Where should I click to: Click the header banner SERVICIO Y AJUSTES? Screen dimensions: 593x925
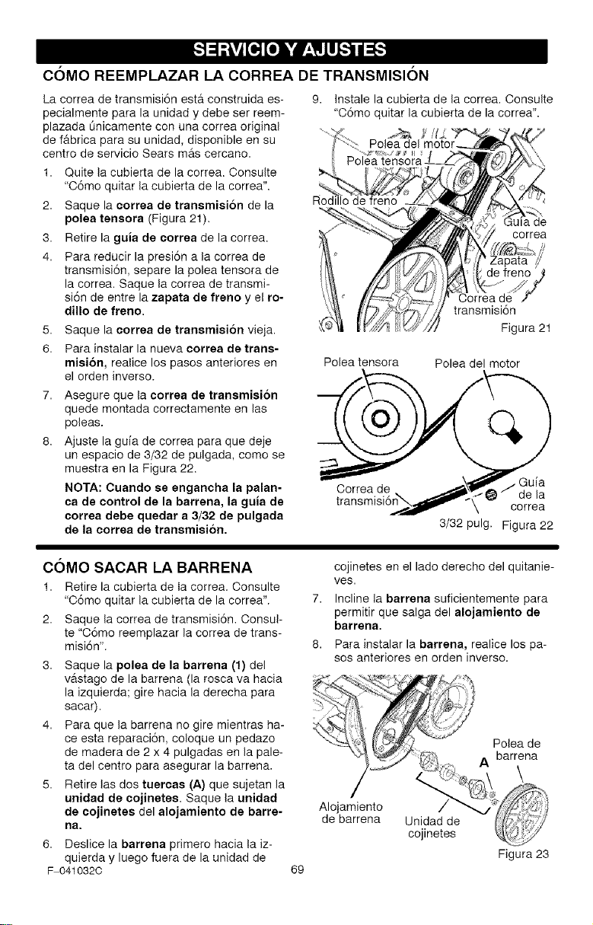coord(292,50)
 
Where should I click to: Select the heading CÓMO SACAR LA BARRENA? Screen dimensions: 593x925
coord(147,567)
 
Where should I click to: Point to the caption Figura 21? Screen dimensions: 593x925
coord(525,328)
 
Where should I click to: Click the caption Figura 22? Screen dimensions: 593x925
coord(527,525)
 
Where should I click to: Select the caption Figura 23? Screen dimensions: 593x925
coord(523,853)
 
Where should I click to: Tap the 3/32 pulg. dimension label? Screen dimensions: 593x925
coord(466,524)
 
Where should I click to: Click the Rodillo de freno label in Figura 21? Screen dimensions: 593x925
coord(355,201)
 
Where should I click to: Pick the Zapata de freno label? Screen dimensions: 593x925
coord(509,266)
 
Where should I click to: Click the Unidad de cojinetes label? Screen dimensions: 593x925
coord(432,827)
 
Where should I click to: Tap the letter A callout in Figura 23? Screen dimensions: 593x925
coord(484,763)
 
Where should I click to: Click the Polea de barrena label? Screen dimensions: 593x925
coord(517,749)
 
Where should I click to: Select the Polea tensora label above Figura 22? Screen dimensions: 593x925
coord(361,362)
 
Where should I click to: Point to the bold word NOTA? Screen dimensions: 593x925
coord(84,488)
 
